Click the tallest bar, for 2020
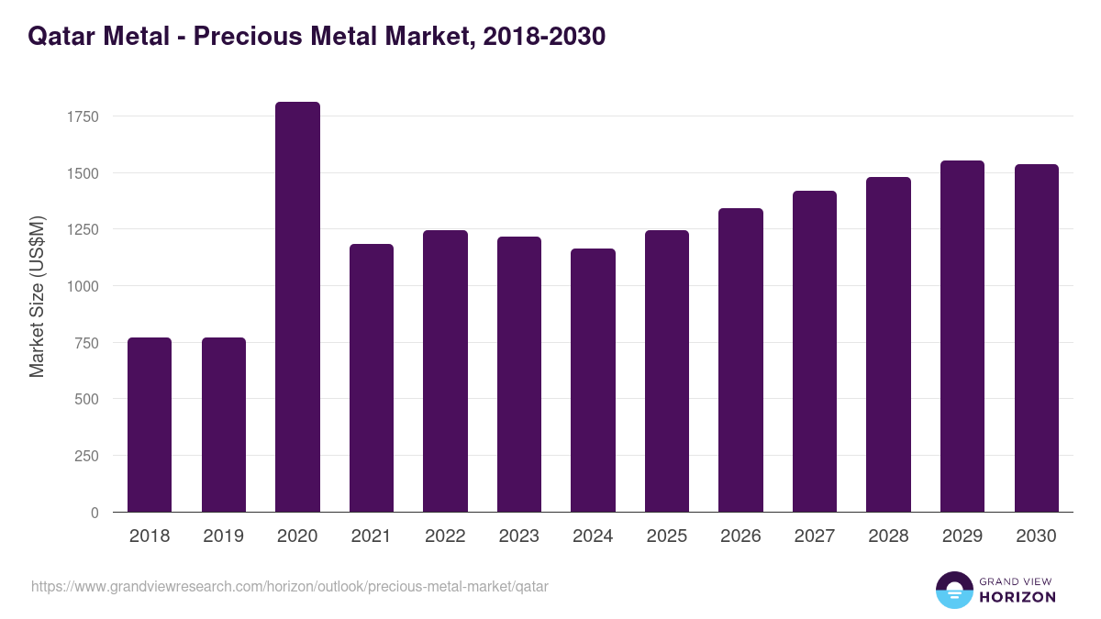coord(297,307)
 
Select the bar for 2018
coord(150,425)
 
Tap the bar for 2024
coord(593,381)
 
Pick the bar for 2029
coord(962,337)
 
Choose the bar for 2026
coord(740,360)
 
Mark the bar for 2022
coord(445,371)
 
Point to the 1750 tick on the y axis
coord(83,116)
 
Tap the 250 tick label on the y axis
coord(86,456)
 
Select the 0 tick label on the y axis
coord(95,513)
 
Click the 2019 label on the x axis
coord(223,536)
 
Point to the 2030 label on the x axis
coord(1036,536)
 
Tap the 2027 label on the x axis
coord(815,536)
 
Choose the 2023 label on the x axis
coord(518,536)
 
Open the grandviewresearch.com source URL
coord(289,586)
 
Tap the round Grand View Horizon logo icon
coord(953,591)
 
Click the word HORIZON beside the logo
coord(1018,597)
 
